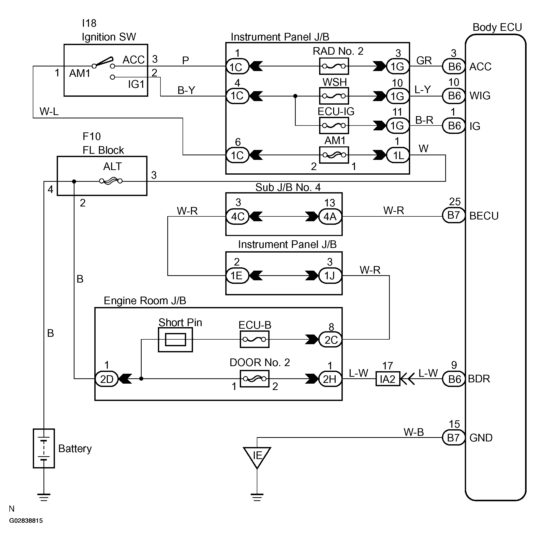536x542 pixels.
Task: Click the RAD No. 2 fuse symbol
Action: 334,66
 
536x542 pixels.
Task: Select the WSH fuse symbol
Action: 334,96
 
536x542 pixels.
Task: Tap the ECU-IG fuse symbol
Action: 334,126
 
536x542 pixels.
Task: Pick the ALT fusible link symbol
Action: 111,181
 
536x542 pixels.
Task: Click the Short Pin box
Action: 175,339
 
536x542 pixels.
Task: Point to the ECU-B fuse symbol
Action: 255,339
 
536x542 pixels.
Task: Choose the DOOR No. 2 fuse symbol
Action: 255,379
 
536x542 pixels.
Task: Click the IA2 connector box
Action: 388,379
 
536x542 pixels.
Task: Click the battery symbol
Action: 44,448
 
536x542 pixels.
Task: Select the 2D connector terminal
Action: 107,379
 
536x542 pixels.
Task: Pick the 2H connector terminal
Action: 330,379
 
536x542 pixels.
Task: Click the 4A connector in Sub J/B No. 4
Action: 330,216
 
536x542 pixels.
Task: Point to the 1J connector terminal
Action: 330,276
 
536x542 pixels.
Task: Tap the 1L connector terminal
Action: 398,155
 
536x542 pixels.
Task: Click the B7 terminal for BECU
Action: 453,215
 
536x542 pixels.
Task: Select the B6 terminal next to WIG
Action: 454,96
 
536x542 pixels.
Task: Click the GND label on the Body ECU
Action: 481,438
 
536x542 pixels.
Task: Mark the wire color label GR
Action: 424,60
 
